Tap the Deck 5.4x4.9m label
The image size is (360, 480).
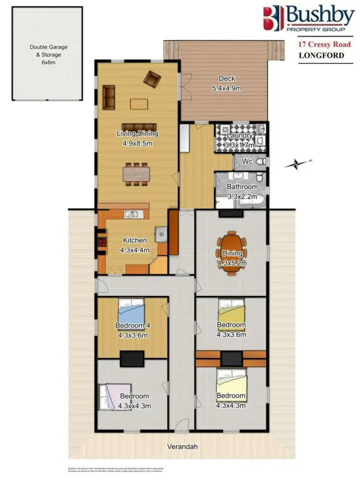click(x=227, y=83)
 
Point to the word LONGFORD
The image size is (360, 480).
click(x=321, y=55)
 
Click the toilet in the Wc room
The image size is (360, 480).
click(x=259, y=162)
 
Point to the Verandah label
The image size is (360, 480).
click(x=182, y=446)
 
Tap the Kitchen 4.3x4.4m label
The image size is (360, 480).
click(x=135, y=245)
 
